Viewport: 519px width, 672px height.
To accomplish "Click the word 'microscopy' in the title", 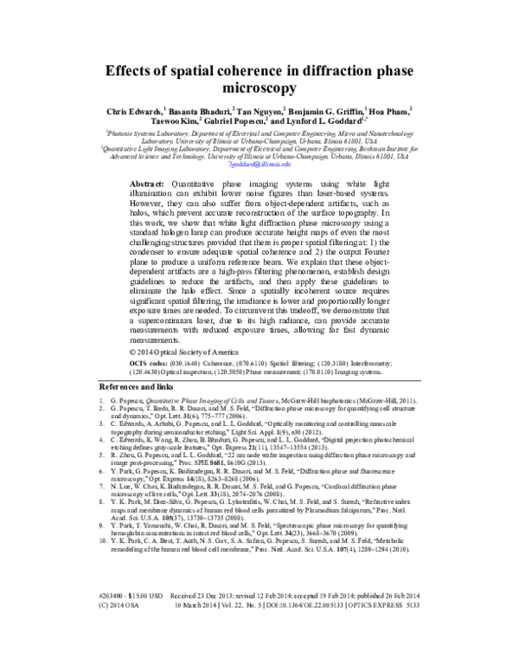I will click(259, 87).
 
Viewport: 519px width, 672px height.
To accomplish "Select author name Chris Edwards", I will click(131, 112).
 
